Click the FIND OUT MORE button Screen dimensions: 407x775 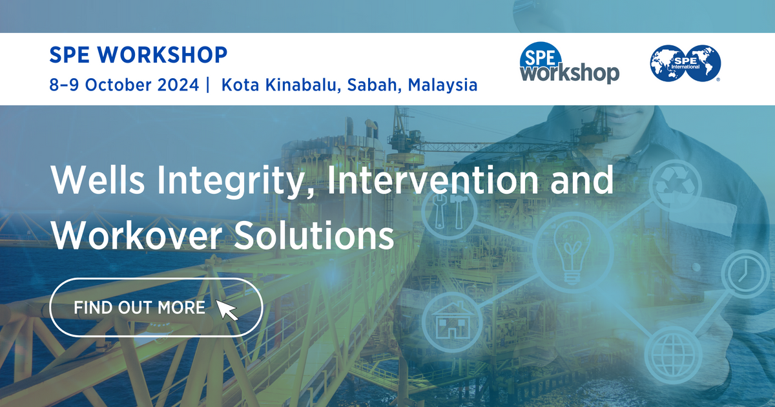(x=156, y=308)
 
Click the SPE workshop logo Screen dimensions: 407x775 (x=569, y=65)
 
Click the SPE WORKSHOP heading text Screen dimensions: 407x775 (x=138, y=56)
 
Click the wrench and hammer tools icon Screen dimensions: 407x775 (x=449, y=212)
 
